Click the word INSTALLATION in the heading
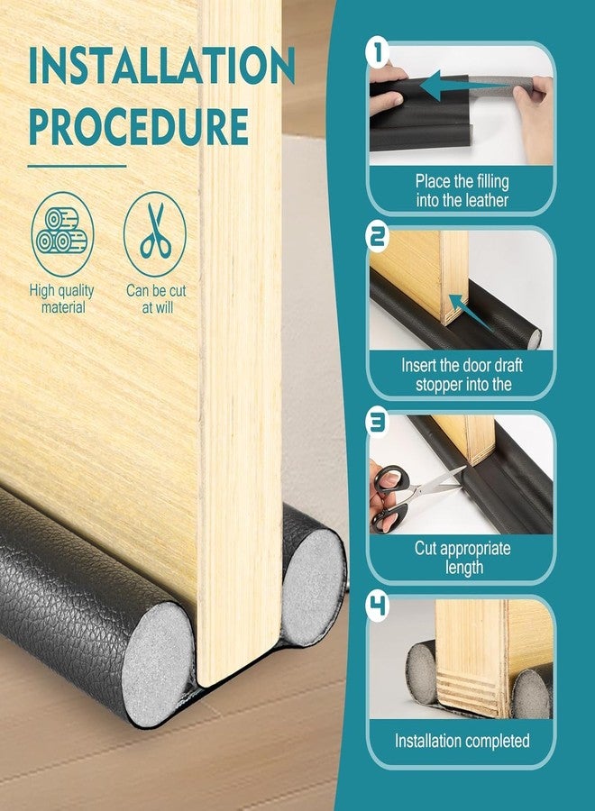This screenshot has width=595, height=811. (161, 65)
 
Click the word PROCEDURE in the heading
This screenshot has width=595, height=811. (139, 126)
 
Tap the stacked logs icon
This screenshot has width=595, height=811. (62, 234)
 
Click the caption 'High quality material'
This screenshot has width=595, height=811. (62, 299)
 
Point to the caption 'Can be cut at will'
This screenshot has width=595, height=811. (156, 299)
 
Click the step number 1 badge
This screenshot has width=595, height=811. (378, 53)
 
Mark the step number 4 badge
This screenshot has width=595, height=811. (378, 606)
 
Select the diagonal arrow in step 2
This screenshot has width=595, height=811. (470, 312)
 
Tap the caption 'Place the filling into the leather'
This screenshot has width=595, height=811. (462, 191)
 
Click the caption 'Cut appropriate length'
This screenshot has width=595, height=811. (462, 558)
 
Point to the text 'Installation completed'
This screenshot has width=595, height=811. (462, 741)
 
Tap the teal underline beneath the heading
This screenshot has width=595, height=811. (78, 167)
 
